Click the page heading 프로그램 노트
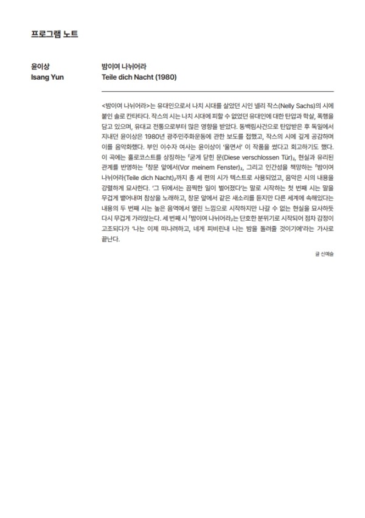click(54, 33)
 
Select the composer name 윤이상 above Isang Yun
click(41, 66)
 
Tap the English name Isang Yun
click(47, 78)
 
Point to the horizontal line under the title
click(218, 91)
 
